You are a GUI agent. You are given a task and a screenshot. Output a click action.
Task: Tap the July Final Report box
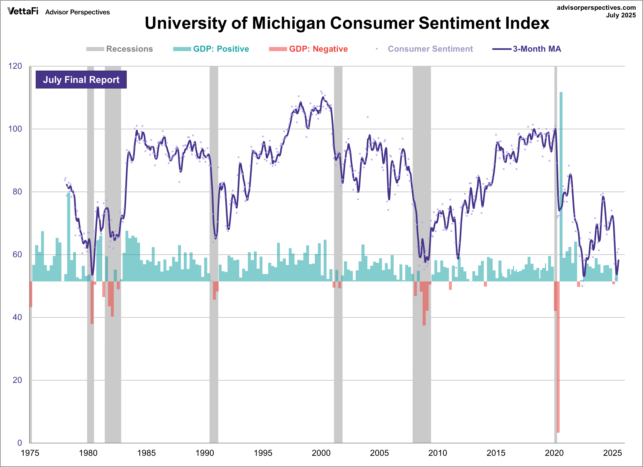(81, 80)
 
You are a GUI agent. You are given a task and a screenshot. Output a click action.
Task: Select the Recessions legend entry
(119, 49)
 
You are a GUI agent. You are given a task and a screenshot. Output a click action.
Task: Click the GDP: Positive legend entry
(211, 49)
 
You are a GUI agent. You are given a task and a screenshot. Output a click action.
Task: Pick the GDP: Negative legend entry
(308, 49)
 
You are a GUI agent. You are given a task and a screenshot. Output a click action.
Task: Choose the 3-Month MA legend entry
(527, 49)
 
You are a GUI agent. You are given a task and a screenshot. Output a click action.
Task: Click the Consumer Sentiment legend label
(430, 49)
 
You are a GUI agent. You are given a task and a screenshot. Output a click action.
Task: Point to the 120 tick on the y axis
(15, 66)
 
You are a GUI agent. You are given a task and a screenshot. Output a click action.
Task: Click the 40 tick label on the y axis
(17, 317)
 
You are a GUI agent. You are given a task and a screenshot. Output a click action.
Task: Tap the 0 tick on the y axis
(19, 443)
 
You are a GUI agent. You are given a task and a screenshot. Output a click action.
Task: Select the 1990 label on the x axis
(205, 453)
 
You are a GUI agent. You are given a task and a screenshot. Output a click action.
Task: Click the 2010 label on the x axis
(437, 453)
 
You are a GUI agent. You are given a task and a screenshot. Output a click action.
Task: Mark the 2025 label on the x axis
(612, 453)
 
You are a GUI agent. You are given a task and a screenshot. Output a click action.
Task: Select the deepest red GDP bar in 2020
(558, 357)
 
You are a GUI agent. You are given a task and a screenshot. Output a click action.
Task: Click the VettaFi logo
(23, 11)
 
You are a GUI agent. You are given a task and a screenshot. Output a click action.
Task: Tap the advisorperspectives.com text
(596, 8)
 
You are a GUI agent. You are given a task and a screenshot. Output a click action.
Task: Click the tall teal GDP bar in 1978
(69, 237)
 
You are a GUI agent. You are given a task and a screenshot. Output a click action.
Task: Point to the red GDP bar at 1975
(31, 294)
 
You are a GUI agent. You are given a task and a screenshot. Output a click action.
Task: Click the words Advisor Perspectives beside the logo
(77, 12)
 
